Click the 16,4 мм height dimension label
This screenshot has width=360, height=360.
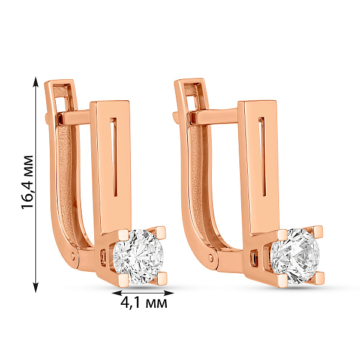(x=28, y=182)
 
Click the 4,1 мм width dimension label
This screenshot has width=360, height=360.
(x=144, y=303)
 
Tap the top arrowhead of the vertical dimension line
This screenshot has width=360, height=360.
(x=35, y=82)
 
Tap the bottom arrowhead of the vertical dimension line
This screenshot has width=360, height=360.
(x=35, y=287)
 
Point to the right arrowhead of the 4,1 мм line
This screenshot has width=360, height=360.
(x=169, y=293)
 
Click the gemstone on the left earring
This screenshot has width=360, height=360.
(x=139, y=257)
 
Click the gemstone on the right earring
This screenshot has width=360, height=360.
(x=295, y=256)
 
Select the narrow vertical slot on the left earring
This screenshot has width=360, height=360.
(x=114, y=157)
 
